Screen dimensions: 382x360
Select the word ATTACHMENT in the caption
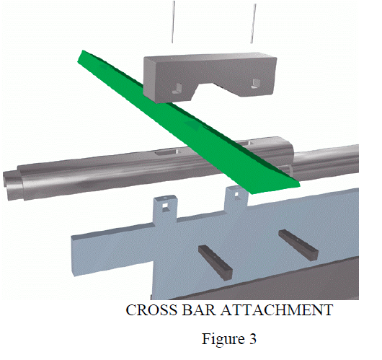[x=277, y=309]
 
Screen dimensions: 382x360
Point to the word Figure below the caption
[x=223, y=339]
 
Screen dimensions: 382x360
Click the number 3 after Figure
[x=253, y=339]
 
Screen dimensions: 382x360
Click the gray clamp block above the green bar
[x=210, y=76]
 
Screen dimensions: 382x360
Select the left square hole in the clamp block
[x=177, y=88]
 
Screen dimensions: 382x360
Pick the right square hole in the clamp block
[x=257, y=83]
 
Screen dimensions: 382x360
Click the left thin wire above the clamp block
[x=173, y=22]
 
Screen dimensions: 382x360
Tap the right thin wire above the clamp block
[x=254, y=23]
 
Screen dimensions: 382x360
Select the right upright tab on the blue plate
[x=236, y=199]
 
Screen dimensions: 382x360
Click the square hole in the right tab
[x=236, y=194]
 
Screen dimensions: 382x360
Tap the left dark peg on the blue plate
[x=216, y=262]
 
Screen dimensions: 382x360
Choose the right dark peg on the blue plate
[x=298, y=245]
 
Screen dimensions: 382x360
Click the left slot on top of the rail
[x=167, y=153]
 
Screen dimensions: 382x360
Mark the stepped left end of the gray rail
[x=14, y=183]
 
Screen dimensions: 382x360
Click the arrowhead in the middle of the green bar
[x=193, y=125]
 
